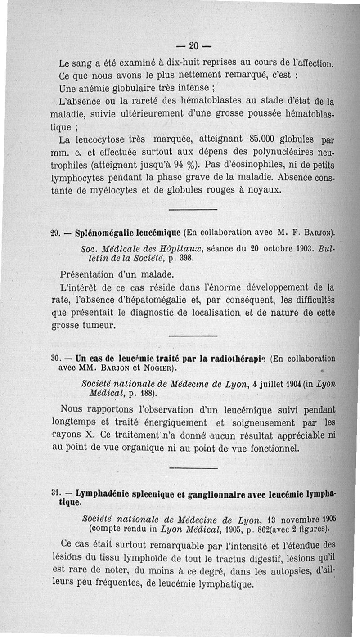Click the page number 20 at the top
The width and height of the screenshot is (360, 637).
193,45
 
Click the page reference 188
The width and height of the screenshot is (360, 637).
148,394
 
